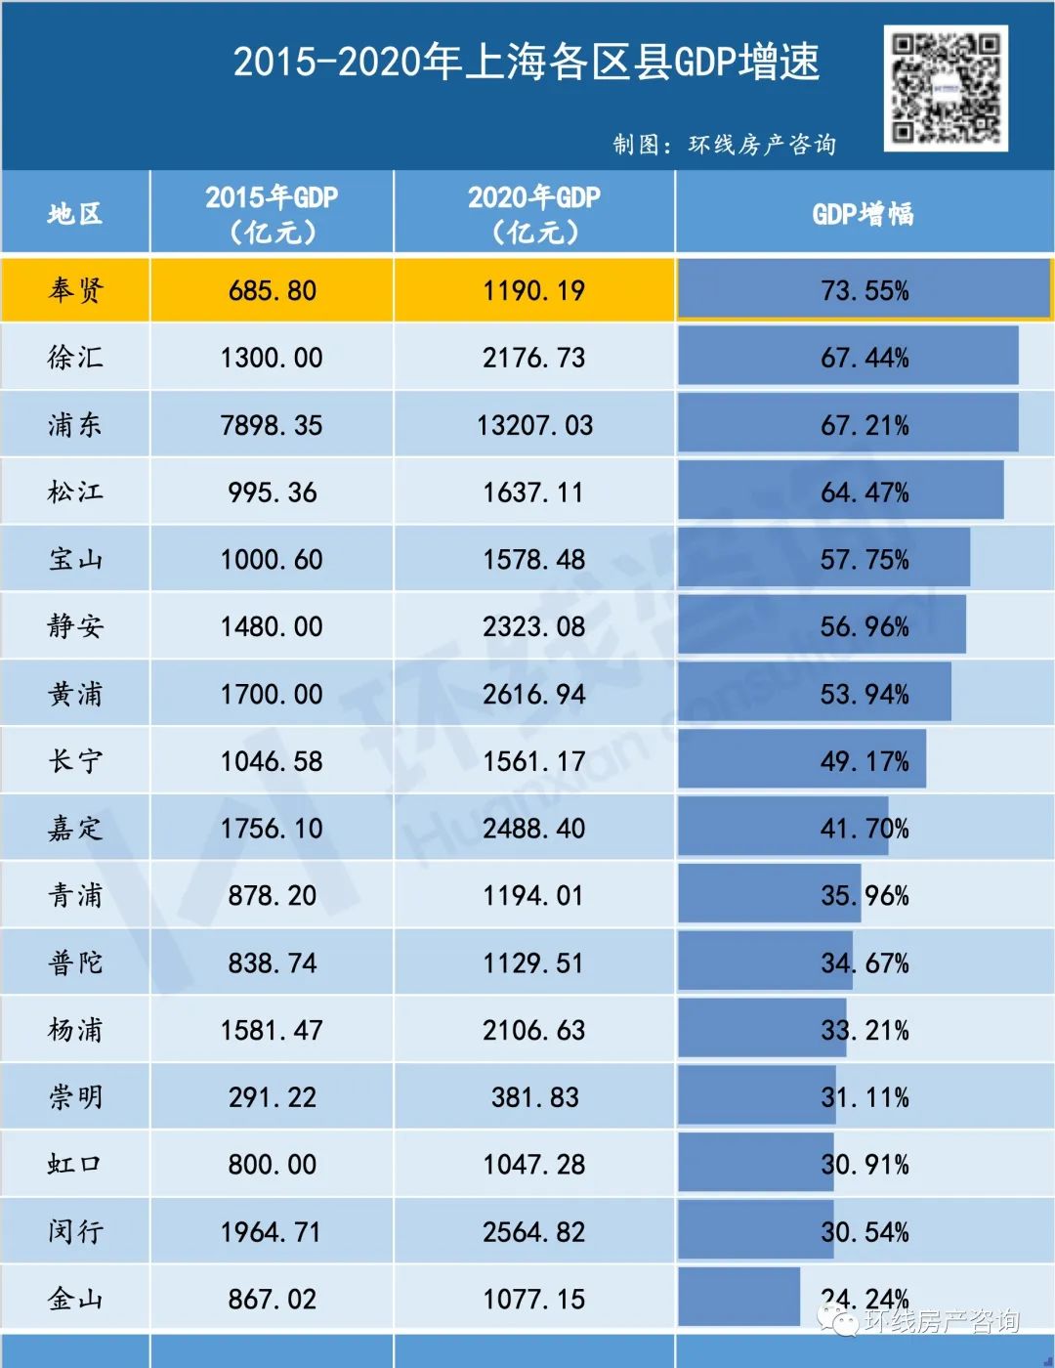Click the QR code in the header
tap(946, 88)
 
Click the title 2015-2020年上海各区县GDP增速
tap(526, 62)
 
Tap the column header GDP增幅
tap(864, 213)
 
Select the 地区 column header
tap(75, 213)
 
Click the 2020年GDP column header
tap(534, 213)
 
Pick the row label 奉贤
tap(75, 290)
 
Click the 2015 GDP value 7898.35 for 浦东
tap(272, 425)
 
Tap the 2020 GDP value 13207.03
tap(534, 425)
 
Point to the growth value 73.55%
tap(865, 290)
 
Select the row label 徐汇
tap(75, 358)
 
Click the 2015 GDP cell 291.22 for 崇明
tap(272, 1097)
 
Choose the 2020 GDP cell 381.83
tap(534, 1097)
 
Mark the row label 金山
tap(75, 1300)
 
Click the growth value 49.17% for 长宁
tap(865, 761)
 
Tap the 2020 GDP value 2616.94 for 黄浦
tap(534, 694)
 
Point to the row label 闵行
tap(75, 1232)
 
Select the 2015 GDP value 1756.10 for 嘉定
tap(272, 829)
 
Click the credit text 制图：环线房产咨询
tap(724, 145)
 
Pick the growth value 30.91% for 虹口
tap(865, 1165)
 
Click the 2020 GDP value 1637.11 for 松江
tap(534, 492)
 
